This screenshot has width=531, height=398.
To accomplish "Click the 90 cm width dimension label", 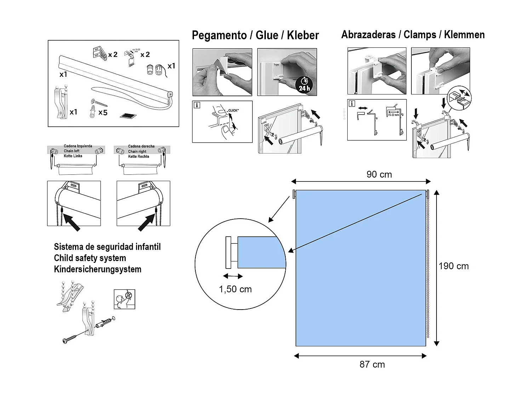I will (x=379, y=174).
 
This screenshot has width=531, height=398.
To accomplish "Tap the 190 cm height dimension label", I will (x=453, y=266).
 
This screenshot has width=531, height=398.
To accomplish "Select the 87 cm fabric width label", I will (x=372, y=364).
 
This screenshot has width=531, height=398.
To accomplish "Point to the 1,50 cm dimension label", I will (x=235, y=289).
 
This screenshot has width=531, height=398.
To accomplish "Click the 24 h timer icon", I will (x=304, y=85).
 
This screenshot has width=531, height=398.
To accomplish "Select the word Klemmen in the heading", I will (x=464, y=35).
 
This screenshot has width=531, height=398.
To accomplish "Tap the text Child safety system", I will (x=90, y=258).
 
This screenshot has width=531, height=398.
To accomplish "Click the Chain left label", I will (x=72, y=151).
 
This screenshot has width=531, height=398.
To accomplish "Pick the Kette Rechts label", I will (x=138, y=156).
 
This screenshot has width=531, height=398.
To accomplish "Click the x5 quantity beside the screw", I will (x=103, y=113).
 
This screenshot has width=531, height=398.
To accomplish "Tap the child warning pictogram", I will (x=124, y=299).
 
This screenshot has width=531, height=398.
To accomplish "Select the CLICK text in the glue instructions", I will (x=233, y=111).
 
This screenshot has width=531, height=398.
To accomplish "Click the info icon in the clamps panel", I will (x=352, y=104).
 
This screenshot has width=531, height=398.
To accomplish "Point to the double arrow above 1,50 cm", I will (x=233, y=276).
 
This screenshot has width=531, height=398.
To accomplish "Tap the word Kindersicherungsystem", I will (x=97, y=269).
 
